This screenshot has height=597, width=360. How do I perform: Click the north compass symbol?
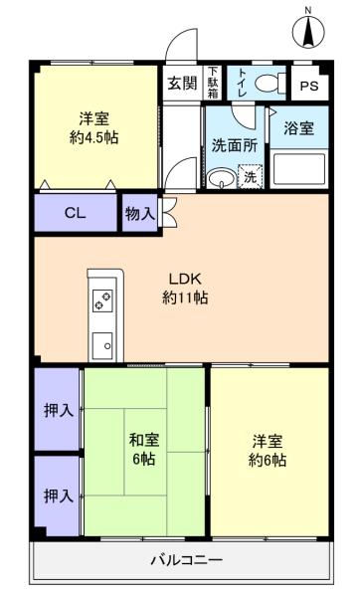(x=308, y=30)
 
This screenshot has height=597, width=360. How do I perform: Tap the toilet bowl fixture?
(x=270, y=83)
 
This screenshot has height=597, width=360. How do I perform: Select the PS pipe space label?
(x=309, y=86)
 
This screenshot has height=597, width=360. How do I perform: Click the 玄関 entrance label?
(x=183, y=83)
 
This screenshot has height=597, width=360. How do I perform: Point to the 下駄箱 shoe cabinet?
(x=213, y=83)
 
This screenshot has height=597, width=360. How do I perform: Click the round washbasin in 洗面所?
(x=221, y=178)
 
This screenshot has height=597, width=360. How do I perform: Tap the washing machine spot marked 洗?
(x=250, y=176)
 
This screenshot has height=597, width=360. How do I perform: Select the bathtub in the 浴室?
(x=299, y=170)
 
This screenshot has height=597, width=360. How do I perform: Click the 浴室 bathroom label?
(x=298, y=128)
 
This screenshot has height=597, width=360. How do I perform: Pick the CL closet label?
(x=76, y=213)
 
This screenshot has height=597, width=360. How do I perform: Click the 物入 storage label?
(x=140, y=214)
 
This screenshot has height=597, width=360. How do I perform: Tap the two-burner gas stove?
(x=102, y=300)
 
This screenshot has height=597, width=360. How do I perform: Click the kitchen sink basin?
(x=102, y=345)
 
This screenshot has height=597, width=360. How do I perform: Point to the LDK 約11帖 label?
(x=185, y=289)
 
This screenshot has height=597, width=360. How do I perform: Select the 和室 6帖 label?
(x=144, y=450)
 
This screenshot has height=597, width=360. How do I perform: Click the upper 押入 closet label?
(x=59, y=410)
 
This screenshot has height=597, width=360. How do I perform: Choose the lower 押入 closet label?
(x=59, y=496)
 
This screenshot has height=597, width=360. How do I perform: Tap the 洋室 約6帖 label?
(x=268, y=451)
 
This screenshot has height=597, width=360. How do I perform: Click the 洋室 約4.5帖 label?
(x=93, y=128)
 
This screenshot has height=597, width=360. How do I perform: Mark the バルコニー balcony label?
(x=187, y=560)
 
